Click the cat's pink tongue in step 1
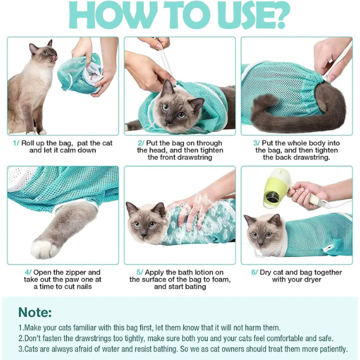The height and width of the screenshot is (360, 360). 55,58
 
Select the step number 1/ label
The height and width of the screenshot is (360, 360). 16,143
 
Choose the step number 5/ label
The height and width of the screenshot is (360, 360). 140,272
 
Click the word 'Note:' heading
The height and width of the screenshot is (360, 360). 35,312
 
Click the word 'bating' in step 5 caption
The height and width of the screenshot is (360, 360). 196,287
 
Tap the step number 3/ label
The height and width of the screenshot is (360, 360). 256,143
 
